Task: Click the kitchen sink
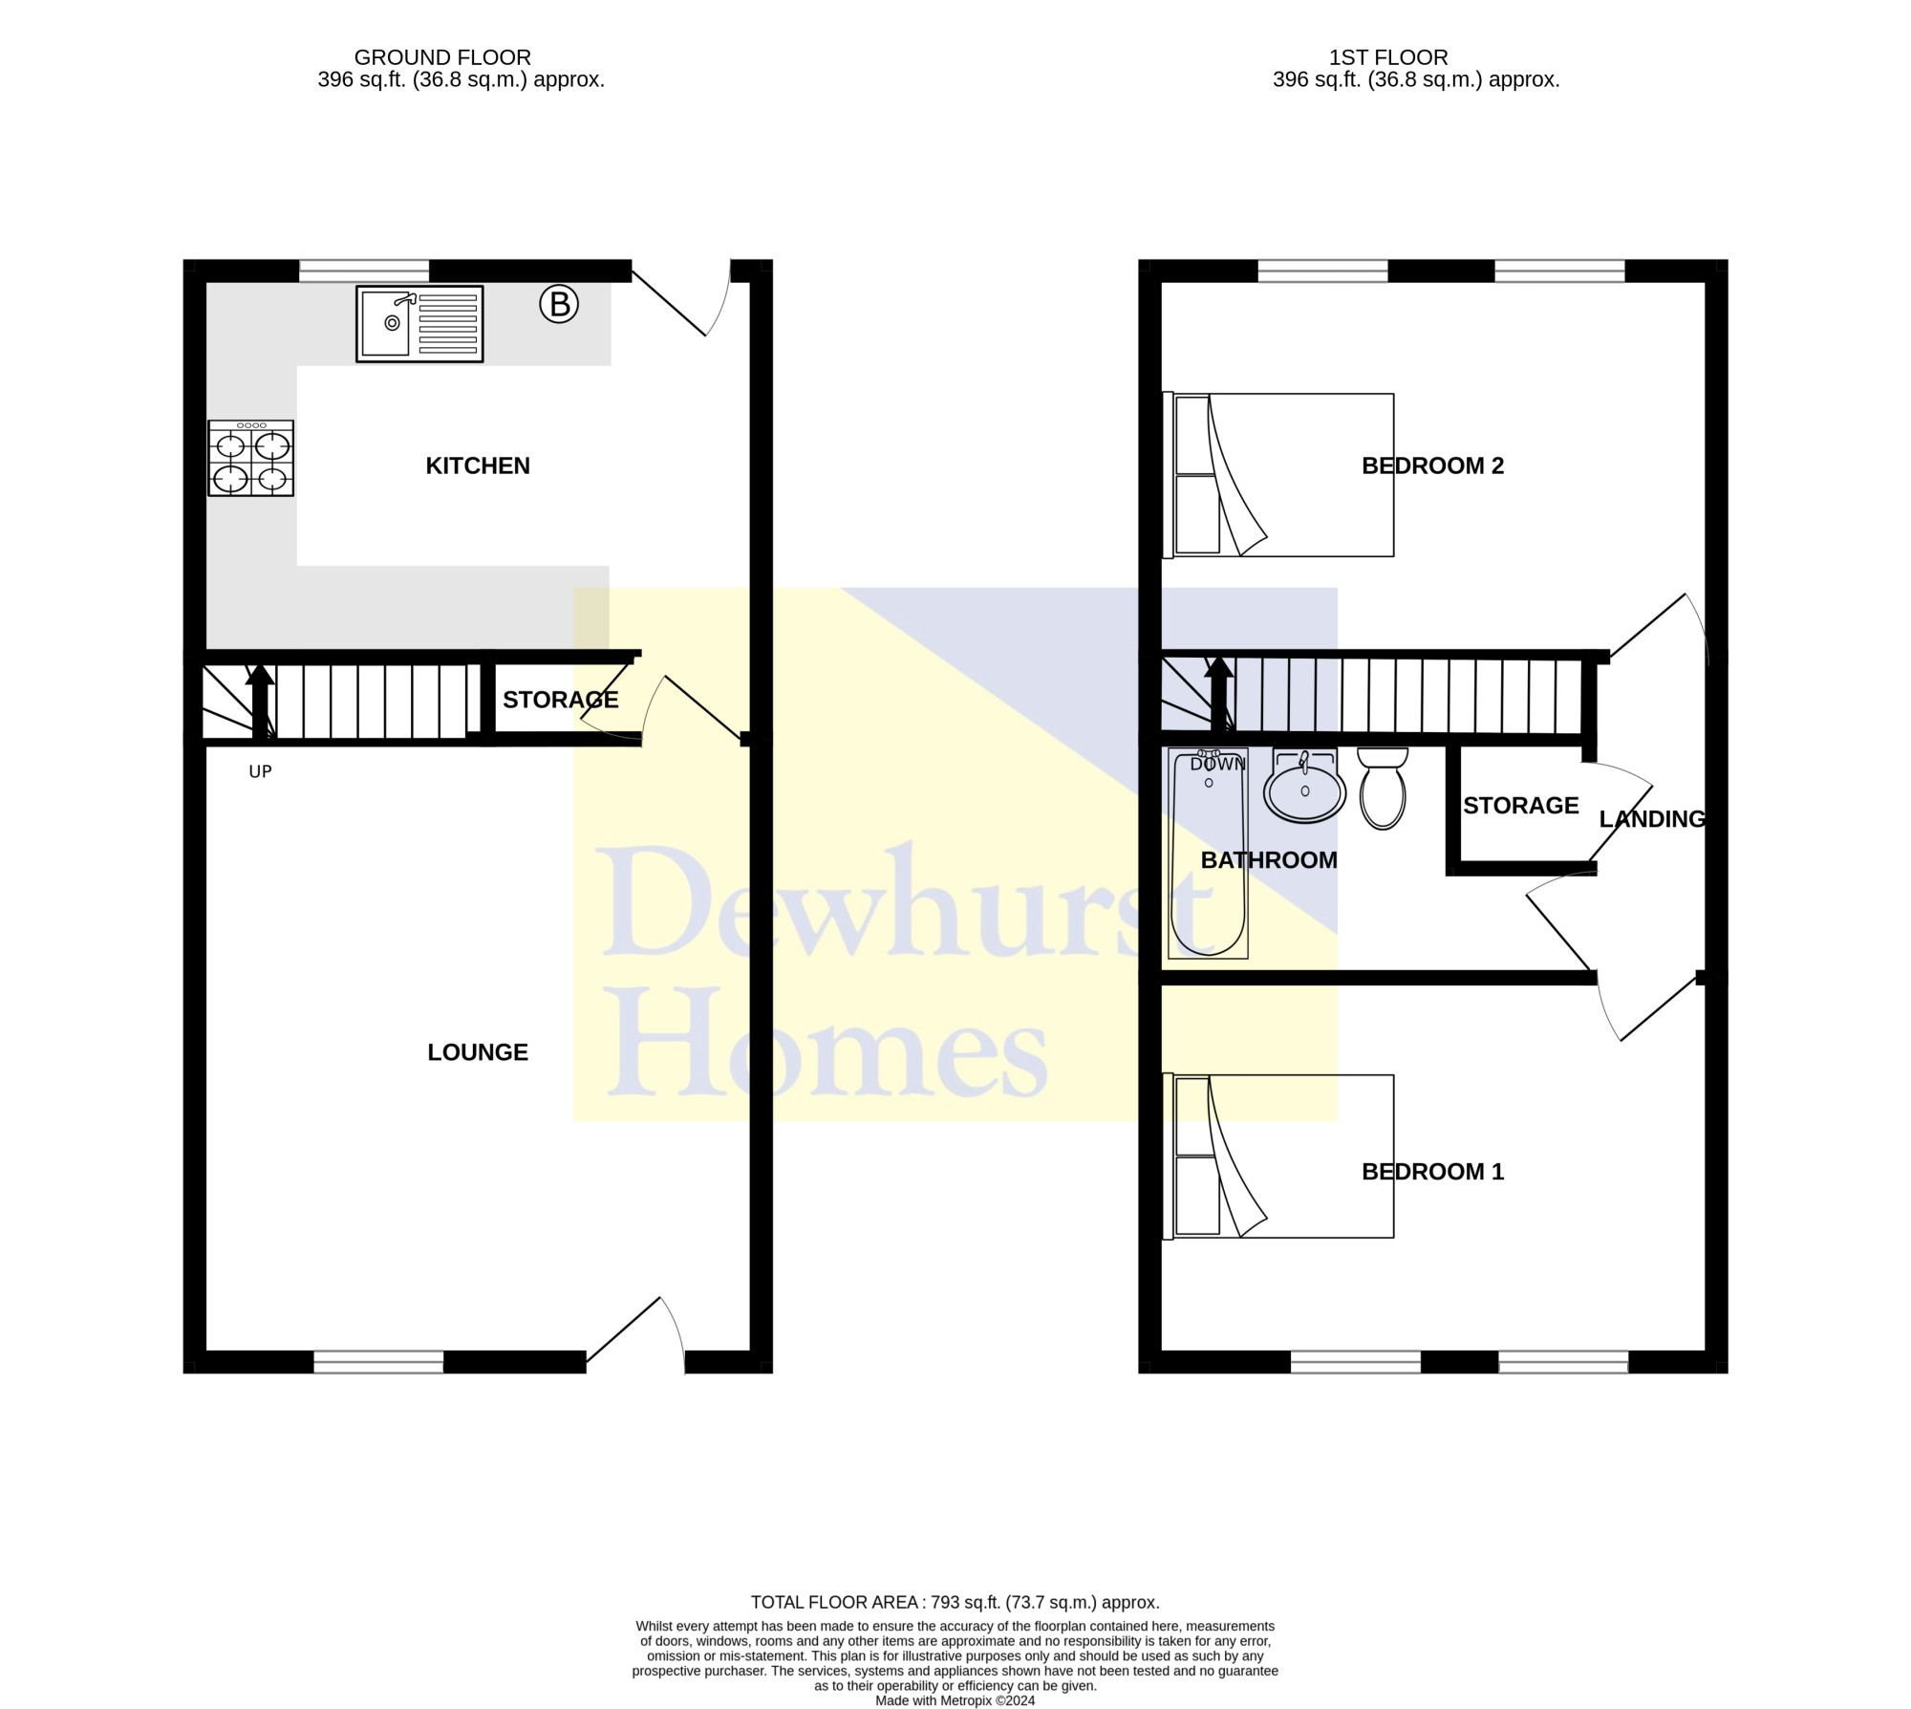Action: [419, 324]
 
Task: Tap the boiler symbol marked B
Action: [559, 305]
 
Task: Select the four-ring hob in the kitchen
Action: [250, 458]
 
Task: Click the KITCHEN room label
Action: [478, 465]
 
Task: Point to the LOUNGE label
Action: [478, 1052]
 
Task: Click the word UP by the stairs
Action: [260, 771]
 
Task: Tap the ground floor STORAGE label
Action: [561, 700]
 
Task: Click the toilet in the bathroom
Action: [1383, 788]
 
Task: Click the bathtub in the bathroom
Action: [1209, 854]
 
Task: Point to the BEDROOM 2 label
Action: [1432, 465]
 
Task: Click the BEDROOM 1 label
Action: [1432, 1171]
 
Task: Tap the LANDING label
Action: [1652, 819]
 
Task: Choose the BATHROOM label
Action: [1269, 860]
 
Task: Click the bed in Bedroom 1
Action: [1278, 1157]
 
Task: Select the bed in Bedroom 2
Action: [1278, 474]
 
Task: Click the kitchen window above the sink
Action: [364, 270]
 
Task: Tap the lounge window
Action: [378, 1362]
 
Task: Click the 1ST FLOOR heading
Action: [1388, 57]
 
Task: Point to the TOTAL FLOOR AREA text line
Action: [955, 1603]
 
